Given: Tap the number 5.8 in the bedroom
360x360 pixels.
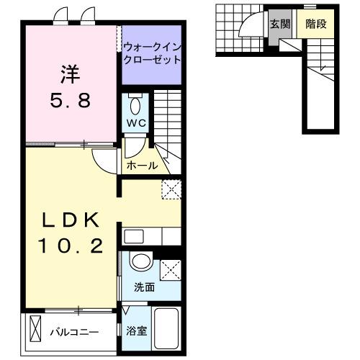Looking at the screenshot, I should coord(70,101).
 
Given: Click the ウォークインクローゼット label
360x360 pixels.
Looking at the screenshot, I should coord(151,54).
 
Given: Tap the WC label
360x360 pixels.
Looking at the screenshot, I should coord(136,122).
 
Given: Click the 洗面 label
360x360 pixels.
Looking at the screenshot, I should coord(144,287).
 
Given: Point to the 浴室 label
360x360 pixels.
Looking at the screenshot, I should coord(136,332).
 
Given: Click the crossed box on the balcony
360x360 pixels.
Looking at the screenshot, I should coord(35,332).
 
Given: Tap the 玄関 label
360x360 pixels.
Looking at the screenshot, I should coord(279,23).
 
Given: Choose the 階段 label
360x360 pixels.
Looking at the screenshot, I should coord(316,23).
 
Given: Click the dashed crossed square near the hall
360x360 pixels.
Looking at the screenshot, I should coord(171,189).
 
